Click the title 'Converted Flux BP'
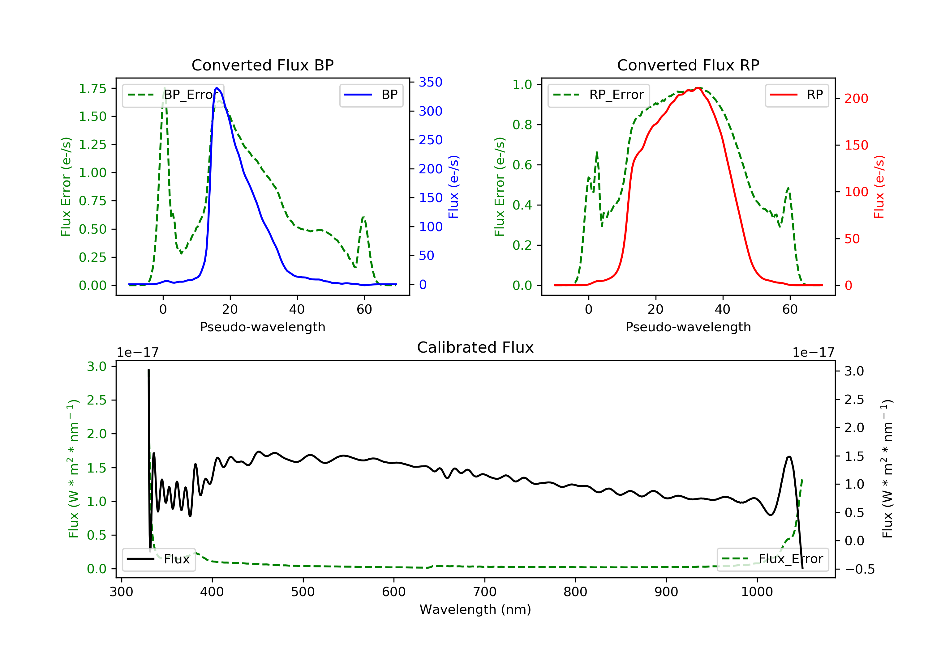pyautogui.click(x=262, y=65)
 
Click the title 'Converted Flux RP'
pyautogui.click(x=688, y=65)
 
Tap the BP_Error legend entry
pyautogui.click(x=173, y=95)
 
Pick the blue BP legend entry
pyautogui.click(x=371, y=95)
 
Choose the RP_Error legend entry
pyautogui.click(x=599, y=95)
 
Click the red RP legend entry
pyautogui.click(x=797, y=95)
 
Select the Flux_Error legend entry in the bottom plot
pyautogui.click(x=772, y=559)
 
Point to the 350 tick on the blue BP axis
pyautogui.click(x=431, y=83)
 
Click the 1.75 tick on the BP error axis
pyautogui.click(x=92, y=88)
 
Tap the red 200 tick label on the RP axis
pyautogui.click(x=856, y=99)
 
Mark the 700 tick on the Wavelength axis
pyautogui.click(x=485, y=592)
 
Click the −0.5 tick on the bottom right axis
pyautogui.click(x=859, y=570)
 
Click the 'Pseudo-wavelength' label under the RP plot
pyautogui.click(x=688, y=327)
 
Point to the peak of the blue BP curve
pyautogui.click(x=217, y=88)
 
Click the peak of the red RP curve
pyautogui.click(x=698, y=88)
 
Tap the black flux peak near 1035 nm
pyautogui.click(x=789, y=457)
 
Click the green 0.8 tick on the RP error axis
pyautogui.click(x=522, y=125)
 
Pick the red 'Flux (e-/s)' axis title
pyautogui.click(x=879, y=187)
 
